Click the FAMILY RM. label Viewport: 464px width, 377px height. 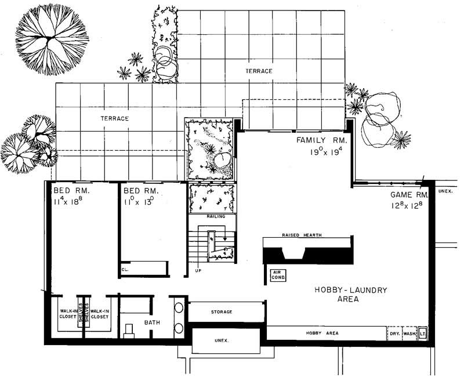pos(321,140)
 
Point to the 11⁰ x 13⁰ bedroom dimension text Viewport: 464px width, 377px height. pos(139,201)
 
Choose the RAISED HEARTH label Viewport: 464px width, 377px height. pos(302,235)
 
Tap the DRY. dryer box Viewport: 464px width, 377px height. pos(395,334)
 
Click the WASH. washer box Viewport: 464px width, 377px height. pos(409,334)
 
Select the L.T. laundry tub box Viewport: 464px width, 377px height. pos(423,334)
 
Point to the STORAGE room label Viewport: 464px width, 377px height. pos(222,312)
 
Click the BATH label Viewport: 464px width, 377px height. pos(152,323)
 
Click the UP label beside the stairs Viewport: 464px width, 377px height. pos(198,270)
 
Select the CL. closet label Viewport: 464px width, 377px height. pos(125,269)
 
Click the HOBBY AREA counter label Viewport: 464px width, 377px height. pos(322,333)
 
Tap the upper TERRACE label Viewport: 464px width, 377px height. pos(258,71)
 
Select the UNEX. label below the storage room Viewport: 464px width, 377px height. pos(221,340)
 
